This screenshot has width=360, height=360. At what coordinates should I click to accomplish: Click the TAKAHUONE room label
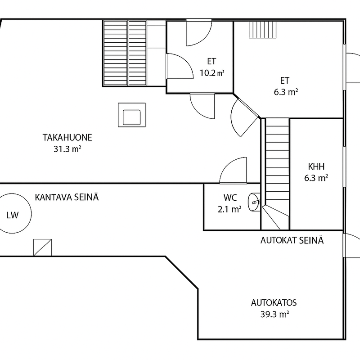[x=67, y=137]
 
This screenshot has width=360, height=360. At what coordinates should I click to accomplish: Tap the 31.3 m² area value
[x=67, y=149]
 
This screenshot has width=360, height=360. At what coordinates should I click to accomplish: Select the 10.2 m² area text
[x=211, y=73]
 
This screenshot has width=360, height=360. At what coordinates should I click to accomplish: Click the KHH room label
[x=316, y=166]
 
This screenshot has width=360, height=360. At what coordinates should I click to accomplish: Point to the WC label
[x=230, y=198]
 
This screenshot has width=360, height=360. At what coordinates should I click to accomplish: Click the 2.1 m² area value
[x=229, y=209]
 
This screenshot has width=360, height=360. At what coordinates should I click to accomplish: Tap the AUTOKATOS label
[x=274, y=302]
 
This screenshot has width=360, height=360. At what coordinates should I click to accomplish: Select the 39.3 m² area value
[x=274, y=314]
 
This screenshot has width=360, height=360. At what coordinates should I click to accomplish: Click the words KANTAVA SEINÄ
[x=67, y=197]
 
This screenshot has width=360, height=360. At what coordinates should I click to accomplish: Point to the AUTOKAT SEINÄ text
[x=292, y=240]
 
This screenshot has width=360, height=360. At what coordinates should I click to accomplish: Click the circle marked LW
[x=16, y=214]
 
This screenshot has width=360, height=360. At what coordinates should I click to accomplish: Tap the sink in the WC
[x=254, y=202]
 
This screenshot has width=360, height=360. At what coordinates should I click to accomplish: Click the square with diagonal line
[x=42, y=247]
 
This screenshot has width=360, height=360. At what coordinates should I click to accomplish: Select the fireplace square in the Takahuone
[x=132, y=115]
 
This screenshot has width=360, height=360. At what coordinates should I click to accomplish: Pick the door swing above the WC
[x=233, y=171]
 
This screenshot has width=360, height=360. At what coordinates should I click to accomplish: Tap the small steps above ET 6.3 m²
[x=262, y=30]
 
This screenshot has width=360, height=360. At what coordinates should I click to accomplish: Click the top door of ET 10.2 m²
[x=199, y=32]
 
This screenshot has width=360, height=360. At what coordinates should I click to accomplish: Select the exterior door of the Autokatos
[x=351, y=245]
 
